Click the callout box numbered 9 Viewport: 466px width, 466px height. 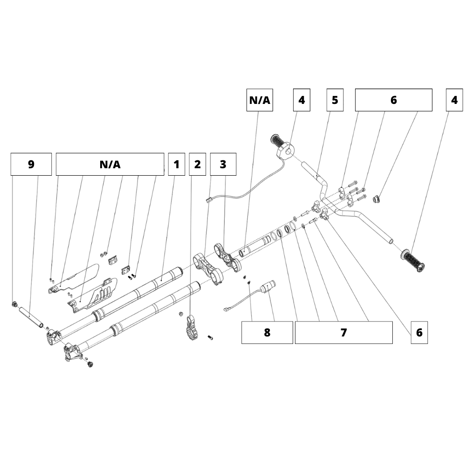pyautogui.click(x=31, y=164)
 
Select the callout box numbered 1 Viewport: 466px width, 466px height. pyautogui.click(x=176, y=164)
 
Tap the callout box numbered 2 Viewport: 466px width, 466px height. pyautogui.click(x=198, y=164)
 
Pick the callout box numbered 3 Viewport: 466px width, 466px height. pyautogui.click(x=223, y=164)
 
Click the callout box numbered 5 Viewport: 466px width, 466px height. pyautogui.click(x=335, y=100)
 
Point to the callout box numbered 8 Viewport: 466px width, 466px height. pyautogui.click(x=267, y=333)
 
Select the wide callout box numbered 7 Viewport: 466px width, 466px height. pyautogui.click(x=343, y=333)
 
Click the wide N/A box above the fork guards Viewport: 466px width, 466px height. pyautogui.click(x=110, y=164)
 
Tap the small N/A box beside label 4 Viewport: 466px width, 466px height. pyautogui.click(x=260, y=100)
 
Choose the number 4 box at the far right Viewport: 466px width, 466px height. pyautogui.click(x=454, y=100)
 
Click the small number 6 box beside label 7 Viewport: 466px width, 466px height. pyautogui.click(x=419, y=333)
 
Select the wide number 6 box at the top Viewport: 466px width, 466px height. pyautogui.click(x=393, y=100)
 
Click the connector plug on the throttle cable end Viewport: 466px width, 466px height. pyautogui.click(x=209, y=199)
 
